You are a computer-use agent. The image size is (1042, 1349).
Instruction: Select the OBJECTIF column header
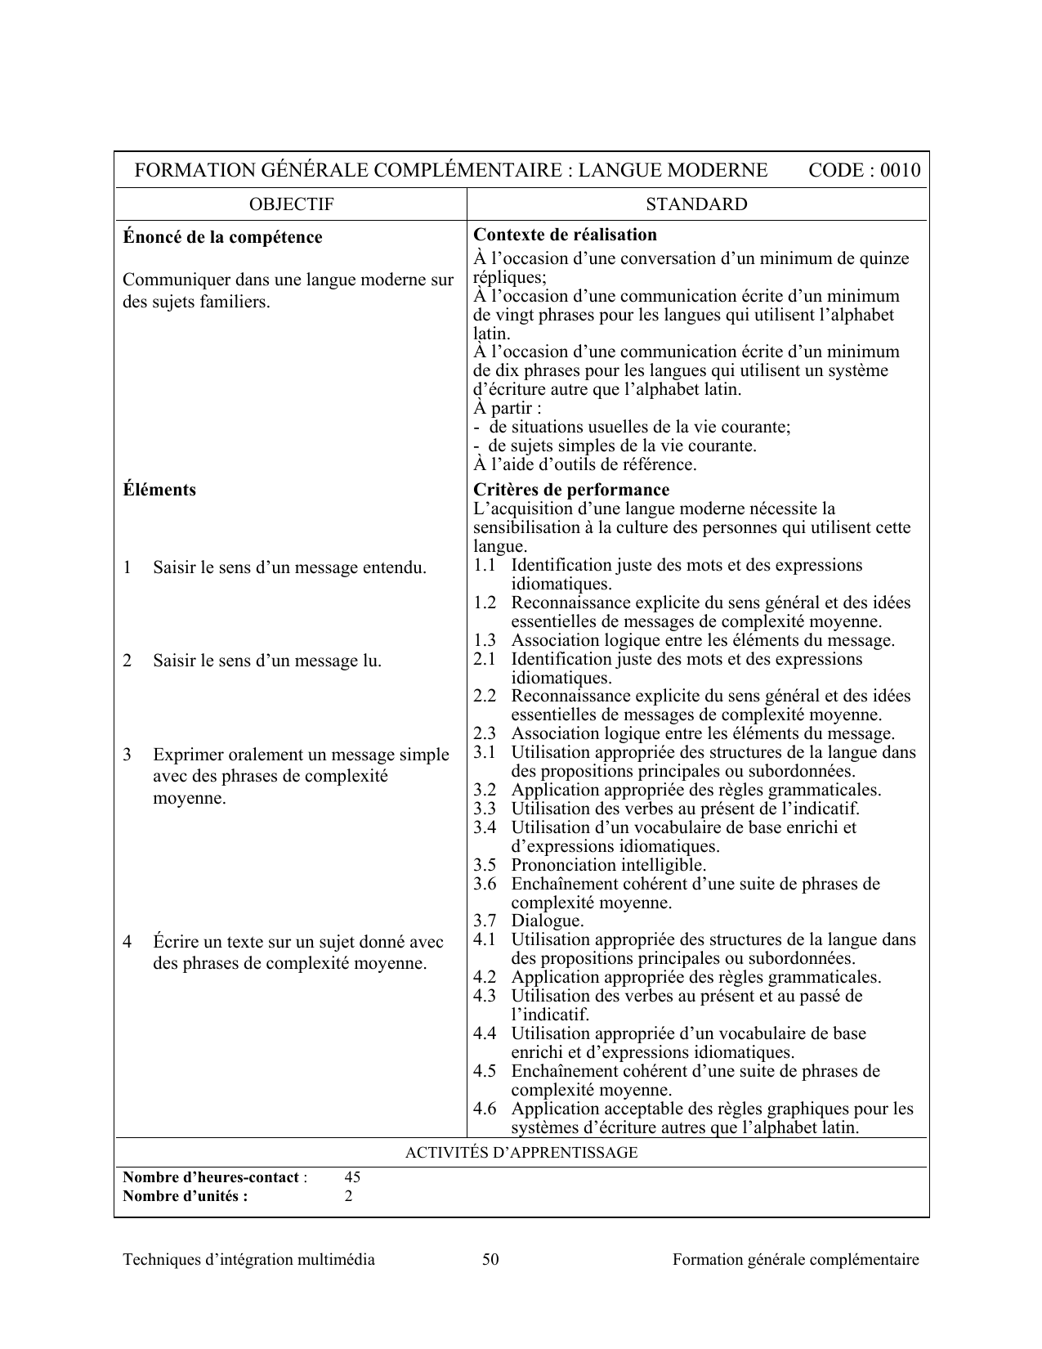pos(291,204)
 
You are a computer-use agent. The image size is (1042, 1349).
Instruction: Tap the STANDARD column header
pos(696,204)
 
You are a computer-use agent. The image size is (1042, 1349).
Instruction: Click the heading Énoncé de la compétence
pos(222,237)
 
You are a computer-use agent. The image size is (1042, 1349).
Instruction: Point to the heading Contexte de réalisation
pos(565,235)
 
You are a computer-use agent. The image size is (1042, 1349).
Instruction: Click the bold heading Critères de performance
pos(571,490)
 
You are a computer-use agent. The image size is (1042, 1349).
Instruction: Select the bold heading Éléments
pos(159,490)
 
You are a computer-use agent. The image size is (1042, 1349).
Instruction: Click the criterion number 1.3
pos(485,640)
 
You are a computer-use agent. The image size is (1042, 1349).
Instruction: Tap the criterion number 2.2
pos(485,696)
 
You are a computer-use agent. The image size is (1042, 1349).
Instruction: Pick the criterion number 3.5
pos(485,865)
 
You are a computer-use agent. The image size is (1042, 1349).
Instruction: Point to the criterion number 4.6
pos(485,1109)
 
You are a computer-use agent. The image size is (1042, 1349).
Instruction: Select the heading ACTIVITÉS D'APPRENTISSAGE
pos(521,1153)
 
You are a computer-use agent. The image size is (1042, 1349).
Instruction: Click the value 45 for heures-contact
pos(352,1177)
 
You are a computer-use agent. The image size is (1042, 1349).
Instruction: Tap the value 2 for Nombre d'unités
pos(349,1196)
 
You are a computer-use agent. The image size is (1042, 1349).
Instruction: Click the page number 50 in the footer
pos(490,1259)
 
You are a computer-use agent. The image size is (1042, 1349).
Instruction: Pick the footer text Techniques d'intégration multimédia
pos(248,1259)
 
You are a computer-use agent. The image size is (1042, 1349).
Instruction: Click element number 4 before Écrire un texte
pos(127,942)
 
